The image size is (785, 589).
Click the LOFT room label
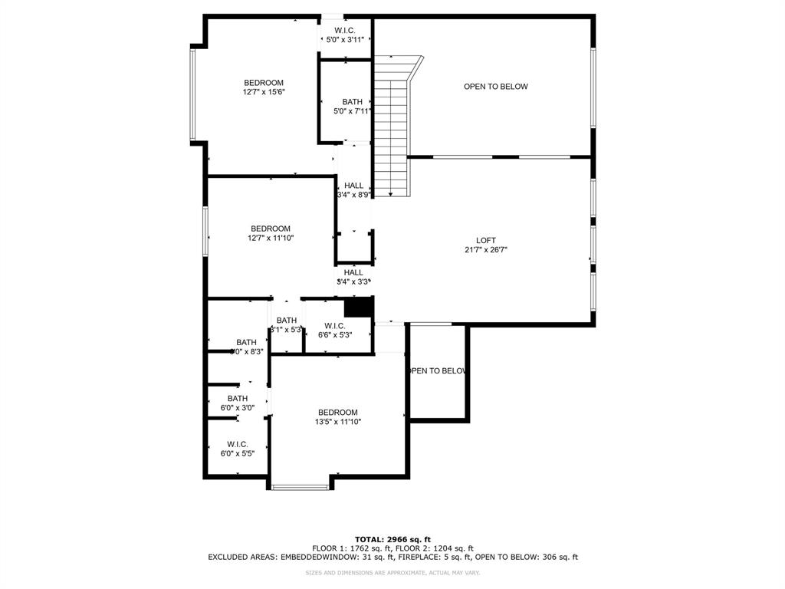(485, 240)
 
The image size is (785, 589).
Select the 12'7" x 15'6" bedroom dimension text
(264, 92)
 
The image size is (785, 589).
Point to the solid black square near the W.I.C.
(357, 306)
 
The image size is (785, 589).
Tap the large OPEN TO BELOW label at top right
(495, 87)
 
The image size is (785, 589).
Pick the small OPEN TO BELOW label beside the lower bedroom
(437, 371)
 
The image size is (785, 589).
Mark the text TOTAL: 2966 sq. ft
(392, 539)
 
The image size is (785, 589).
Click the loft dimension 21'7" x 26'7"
(486, 250)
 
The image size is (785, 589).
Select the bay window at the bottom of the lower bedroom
(300, 485)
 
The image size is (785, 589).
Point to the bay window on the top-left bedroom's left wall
(194, 94)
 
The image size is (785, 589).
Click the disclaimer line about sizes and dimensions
(392, 573)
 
